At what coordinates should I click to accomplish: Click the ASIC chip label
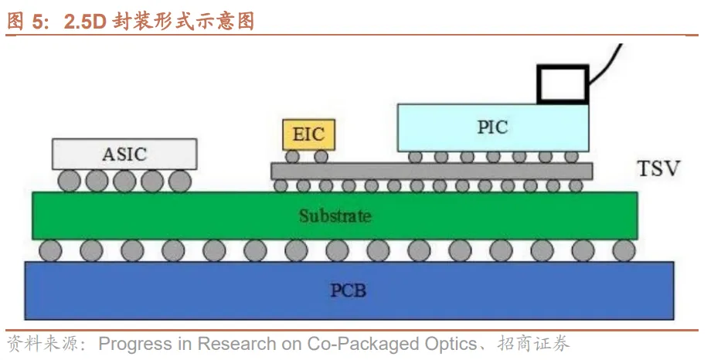coord(124,154)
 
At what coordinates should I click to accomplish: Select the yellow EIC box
coord(308,135)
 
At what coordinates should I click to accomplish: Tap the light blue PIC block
coord(492,127)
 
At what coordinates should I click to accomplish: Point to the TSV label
coord(658,168)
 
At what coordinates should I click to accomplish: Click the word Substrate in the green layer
coord(335,216)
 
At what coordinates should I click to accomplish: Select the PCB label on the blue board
coord(348,290)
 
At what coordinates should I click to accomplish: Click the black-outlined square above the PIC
coord(562,83)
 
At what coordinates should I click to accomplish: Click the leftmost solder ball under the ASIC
coord(70,181)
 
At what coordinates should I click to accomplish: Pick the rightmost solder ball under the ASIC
coord(179,181)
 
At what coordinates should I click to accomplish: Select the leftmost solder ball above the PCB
coord(51,250)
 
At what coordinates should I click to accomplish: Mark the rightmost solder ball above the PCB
coord(624,250)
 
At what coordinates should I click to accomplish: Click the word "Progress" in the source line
coord(129,343)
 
